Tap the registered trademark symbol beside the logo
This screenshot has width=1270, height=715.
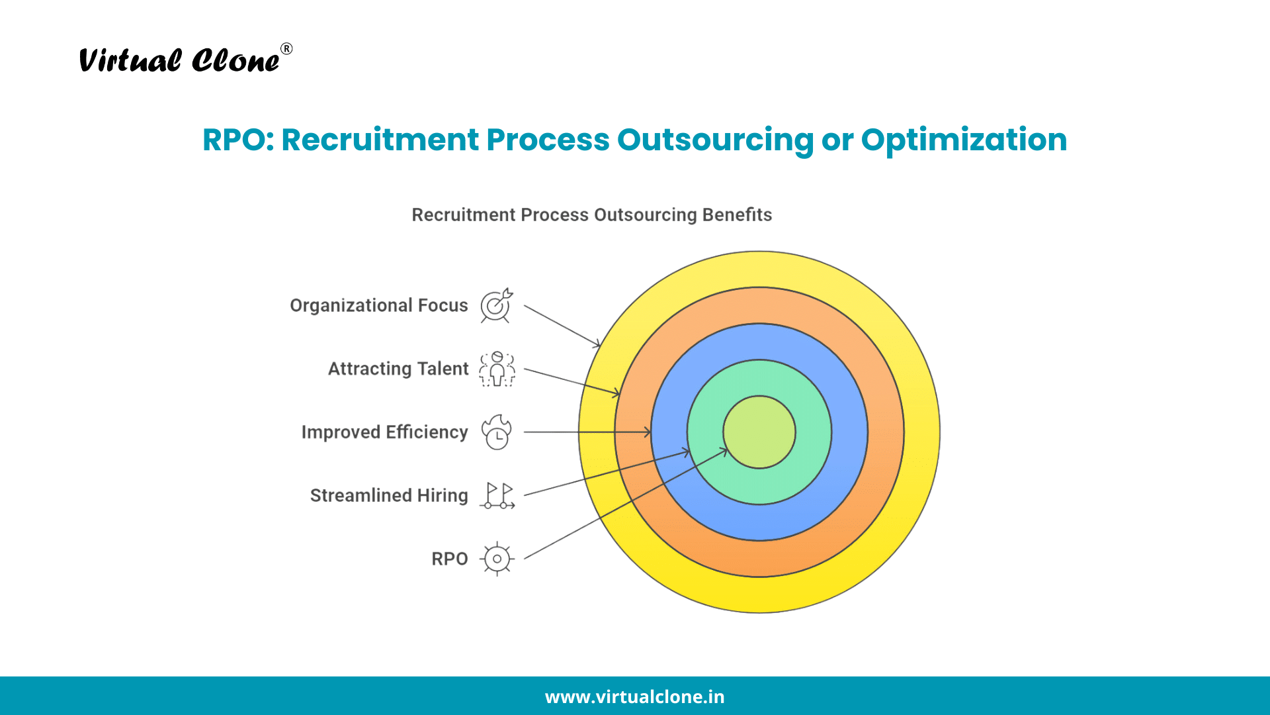[x=286, y=49]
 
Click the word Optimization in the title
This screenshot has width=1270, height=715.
[x=964, y=140]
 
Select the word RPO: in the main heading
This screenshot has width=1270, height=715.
[x=238, y=140]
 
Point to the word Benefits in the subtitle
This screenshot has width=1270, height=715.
[x=737, y=215]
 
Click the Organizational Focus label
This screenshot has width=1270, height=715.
[x=379, y=305]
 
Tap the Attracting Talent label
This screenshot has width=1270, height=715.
[x=398, y=369]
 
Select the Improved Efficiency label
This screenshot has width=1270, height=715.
[x=385, y=432]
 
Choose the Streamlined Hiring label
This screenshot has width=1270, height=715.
[x=389, y=495]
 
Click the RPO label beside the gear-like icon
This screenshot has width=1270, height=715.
[x=450, y=559]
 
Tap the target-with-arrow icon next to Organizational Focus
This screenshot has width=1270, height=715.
[x=497, y=305]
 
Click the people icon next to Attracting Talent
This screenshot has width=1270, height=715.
[x=497, y=369]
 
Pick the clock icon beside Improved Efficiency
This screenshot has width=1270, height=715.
[x=497, y=432]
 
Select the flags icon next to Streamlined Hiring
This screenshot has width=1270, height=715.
[x=498, y=496]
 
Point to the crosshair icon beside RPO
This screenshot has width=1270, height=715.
[x=497, y=559]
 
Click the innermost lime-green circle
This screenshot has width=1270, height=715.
[x=759, y=432]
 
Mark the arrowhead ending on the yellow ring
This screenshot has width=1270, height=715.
[x=597, y=344]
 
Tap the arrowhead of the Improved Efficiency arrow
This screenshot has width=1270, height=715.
[x=648, y=432]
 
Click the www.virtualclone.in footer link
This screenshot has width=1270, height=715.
[x=635, y=697]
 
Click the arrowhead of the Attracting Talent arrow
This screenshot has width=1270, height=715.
[x=616, y=393]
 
